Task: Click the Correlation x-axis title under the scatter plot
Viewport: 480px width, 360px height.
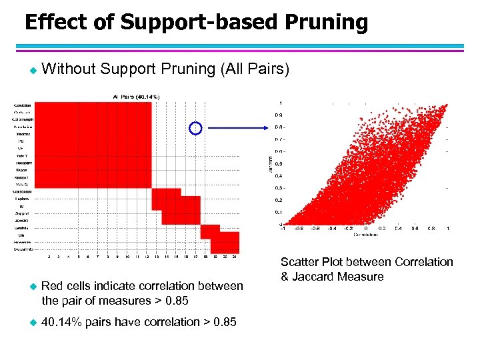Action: click(x=365, y=235)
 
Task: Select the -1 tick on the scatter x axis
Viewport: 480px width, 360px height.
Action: click(x=281, y=229)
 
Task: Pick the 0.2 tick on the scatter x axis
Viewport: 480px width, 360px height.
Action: click(x=382, y=229)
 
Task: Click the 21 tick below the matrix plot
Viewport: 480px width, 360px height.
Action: click(x=235, y=257)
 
